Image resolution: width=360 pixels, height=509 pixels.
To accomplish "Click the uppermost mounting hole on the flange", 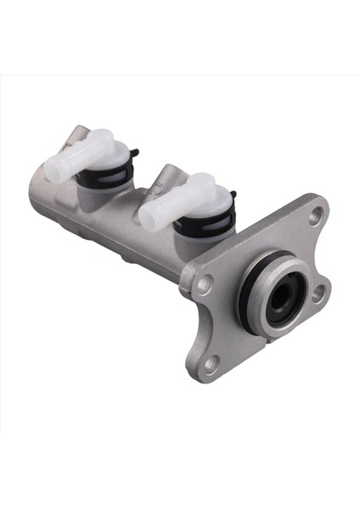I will tap(316, 216).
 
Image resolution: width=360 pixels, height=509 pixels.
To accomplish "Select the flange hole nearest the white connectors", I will tap(204, 285).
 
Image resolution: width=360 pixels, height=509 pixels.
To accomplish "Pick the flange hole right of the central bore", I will tap(318, 294).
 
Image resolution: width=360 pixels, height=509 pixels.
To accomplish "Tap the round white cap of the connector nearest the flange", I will tap(204, 191).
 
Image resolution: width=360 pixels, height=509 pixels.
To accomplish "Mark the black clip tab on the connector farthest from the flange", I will tap(134, 154).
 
